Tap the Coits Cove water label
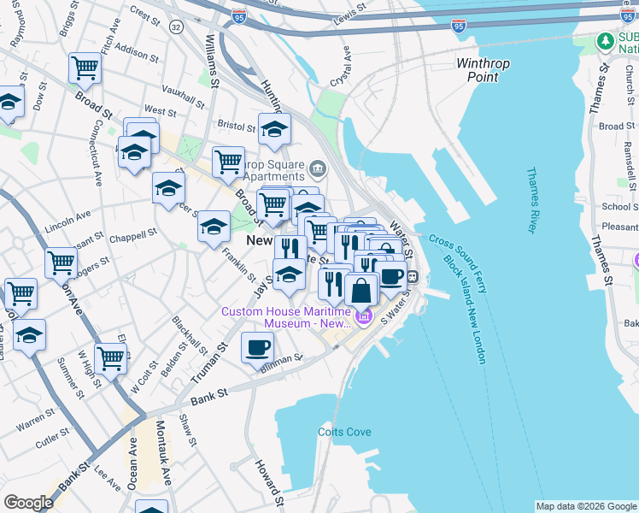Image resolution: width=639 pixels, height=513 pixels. coord(345,432)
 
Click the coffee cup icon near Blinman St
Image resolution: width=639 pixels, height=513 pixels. coord(258,347)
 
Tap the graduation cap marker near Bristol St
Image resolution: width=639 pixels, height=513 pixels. coord(275,129)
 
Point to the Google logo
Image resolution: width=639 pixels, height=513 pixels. coord(28,503)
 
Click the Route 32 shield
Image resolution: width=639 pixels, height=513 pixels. coord(176,27)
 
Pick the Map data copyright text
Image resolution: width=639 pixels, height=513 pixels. coord(585,506)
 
